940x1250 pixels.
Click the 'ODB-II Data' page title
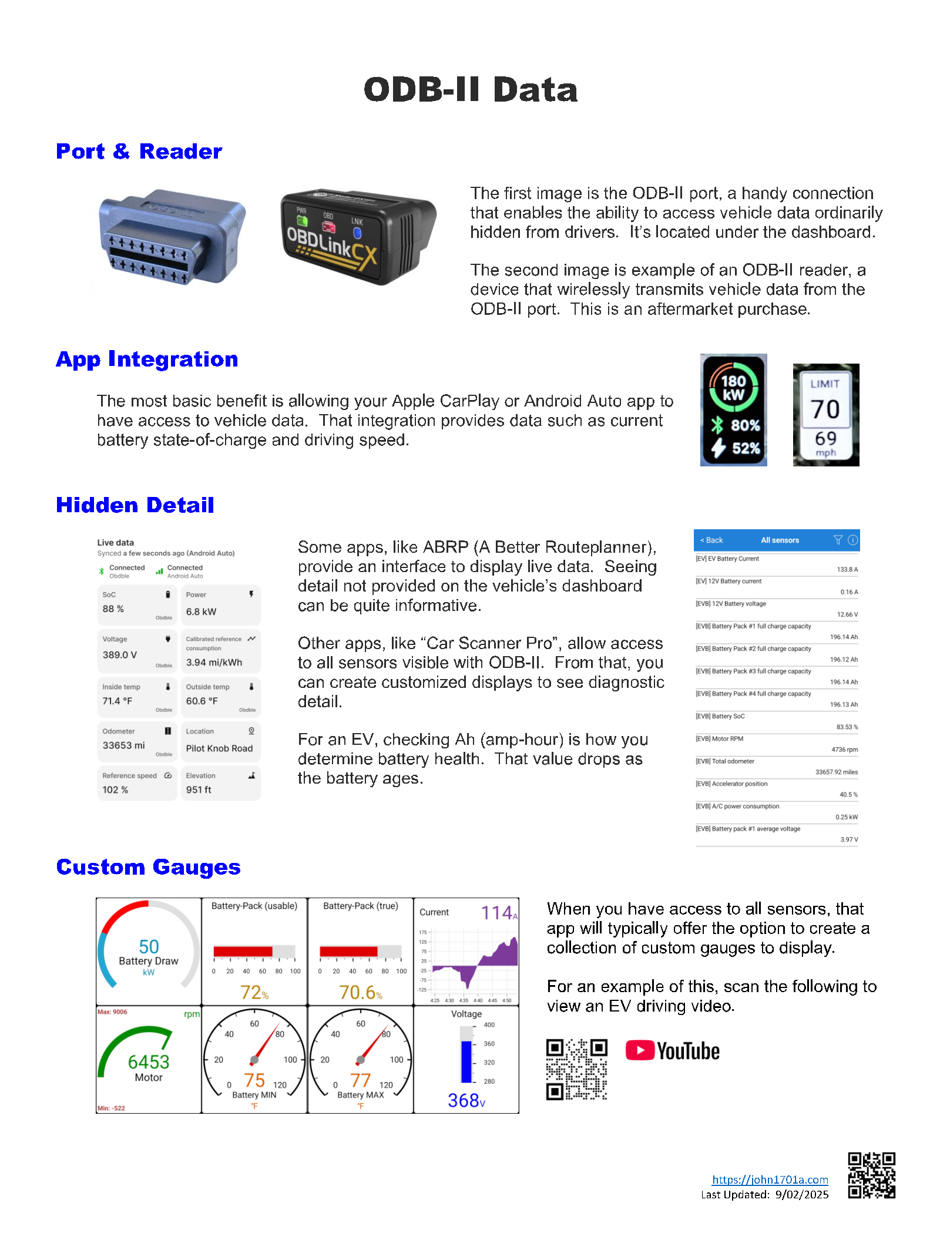click(470, 90)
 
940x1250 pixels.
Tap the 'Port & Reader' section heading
click(139, 152)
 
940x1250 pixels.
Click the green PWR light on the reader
click(302, 221)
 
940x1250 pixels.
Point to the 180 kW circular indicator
click(733, 388)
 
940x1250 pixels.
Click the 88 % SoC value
click(113, 609)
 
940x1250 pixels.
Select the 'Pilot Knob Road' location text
click(219, 748)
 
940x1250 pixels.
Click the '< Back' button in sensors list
click(711, 540)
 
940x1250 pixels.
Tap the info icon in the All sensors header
click(853, 540)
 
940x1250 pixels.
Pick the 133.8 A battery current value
click(847, 569)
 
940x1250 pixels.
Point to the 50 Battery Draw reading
click(149, 947)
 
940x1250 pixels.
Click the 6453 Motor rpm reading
click(149, 1062)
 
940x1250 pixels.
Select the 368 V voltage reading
click(466, 1101)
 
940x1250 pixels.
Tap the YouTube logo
click(673, 1051)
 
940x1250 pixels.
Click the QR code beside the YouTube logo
click(576, 1069)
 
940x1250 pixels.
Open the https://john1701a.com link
click(770, 1180)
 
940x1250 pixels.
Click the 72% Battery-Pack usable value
click(254, 993)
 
